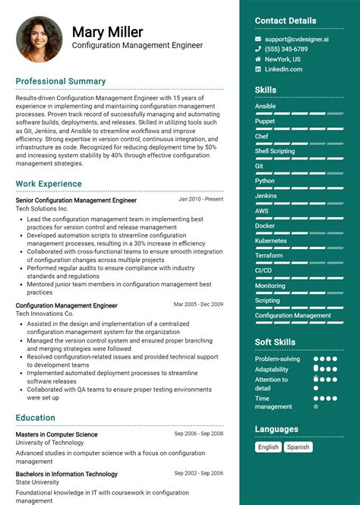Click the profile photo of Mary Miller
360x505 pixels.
(39, 39)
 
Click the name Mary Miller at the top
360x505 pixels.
(107, 32)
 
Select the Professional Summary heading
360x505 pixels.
(61, 81)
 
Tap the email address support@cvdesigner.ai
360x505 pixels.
(296, 39)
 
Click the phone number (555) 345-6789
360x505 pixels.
(286, 49)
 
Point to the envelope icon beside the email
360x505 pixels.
(258, 39)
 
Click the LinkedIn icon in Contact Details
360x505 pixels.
(258, 69)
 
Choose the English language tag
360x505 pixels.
(268, 447)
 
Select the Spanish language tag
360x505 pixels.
(298, 447)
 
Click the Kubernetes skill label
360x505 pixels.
(271, 241)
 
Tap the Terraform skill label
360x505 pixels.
(269, 255)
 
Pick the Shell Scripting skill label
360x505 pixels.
(275, 151)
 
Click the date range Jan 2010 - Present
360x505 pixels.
(201, 199)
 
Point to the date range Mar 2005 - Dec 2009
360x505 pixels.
(198, 304)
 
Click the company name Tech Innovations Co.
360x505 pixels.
(45, 314)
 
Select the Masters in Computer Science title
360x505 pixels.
(56, 434)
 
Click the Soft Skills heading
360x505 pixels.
(275, 342)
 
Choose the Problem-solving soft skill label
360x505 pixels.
(277, 358)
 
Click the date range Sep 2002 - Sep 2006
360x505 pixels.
(199, 473)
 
